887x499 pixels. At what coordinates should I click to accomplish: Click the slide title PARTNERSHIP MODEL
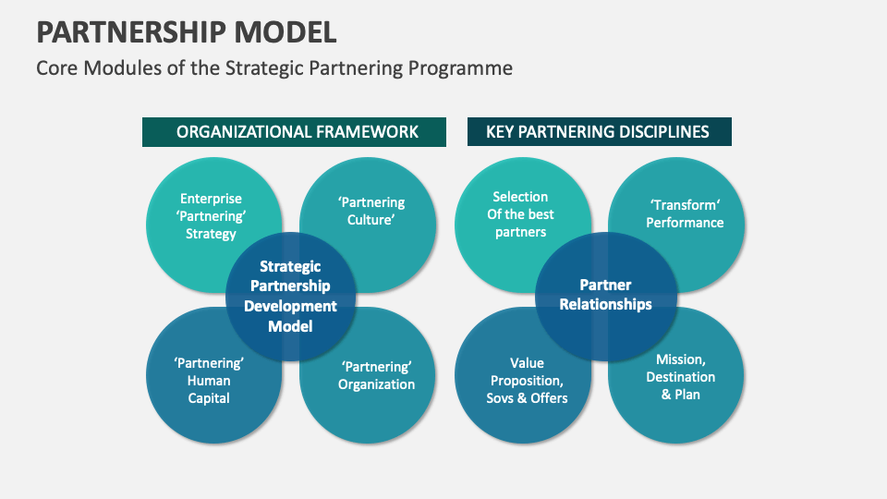[187, 32]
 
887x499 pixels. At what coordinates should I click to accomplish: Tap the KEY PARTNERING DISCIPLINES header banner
[598, 132]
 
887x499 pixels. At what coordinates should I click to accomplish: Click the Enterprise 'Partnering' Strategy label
[211, 216]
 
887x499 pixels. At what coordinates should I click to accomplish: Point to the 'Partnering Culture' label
[371, 212]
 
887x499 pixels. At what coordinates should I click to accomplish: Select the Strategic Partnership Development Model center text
[290, 296]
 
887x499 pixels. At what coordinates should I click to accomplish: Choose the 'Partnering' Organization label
[376, 375]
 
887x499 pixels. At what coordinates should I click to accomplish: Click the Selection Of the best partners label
[520, 214]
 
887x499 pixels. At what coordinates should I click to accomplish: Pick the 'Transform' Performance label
[685, 213]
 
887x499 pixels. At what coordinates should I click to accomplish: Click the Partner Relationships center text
[605, 295]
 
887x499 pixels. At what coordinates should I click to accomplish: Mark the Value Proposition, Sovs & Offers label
[527, 381]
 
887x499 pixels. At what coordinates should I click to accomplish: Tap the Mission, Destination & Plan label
[680, 377]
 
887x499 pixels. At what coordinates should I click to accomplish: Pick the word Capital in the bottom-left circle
[209, 398]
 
